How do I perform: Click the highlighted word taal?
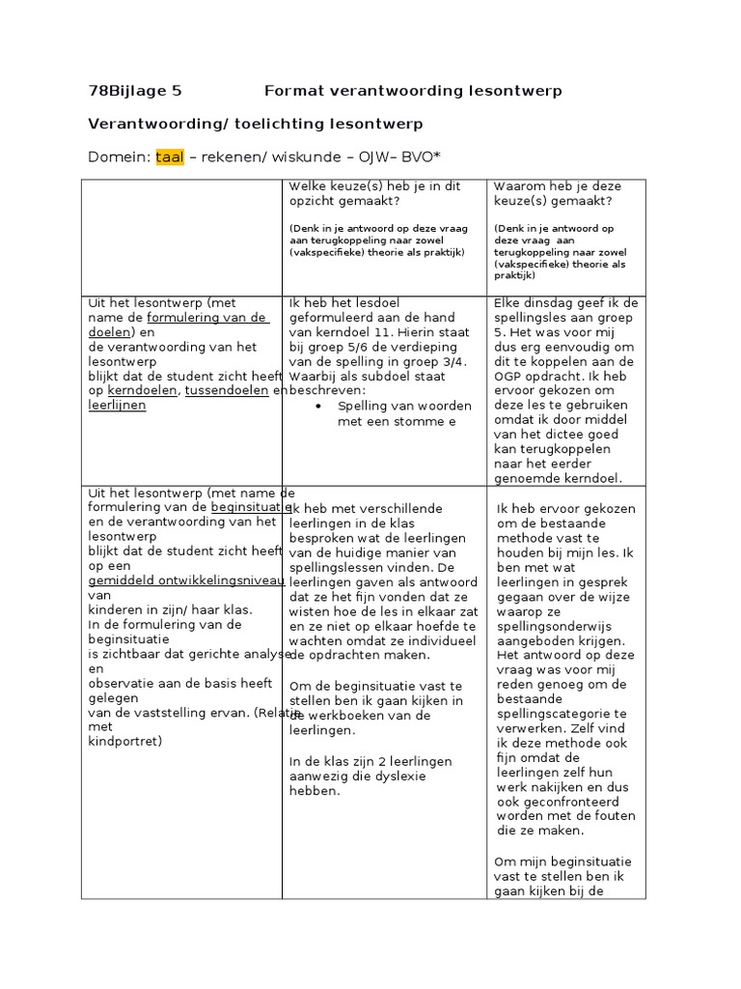pyautogui.click(x=169, y=157)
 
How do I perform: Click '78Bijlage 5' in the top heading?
pyautogui.click(x=134, y=92)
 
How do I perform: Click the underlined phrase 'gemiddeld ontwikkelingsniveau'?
pyautogui.click(x=186, y=581)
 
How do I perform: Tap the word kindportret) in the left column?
pyautogui.click(x=125, y=742)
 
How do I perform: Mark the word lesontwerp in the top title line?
pyautogui.click(x=519, y=92)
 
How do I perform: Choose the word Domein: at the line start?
pyautogui.click(x=119, y=157)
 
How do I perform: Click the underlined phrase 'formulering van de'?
pyautogui.click(x=206, y=318)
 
